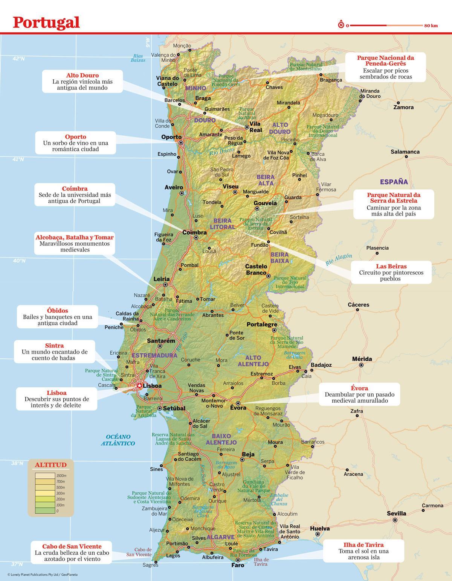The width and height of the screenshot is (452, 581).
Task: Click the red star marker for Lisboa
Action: [x=139, y=385]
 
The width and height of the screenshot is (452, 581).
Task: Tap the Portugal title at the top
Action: [x=46, y=22]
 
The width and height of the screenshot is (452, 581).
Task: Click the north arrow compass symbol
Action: [x=341, y=25]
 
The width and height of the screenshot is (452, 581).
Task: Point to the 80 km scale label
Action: [x=431, y=26]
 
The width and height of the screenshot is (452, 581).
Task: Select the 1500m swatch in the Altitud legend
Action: [x=46, y=476]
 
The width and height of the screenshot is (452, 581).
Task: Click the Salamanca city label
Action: [x=405, y=152]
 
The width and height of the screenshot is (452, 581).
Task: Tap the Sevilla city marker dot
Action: [x=395, y=520]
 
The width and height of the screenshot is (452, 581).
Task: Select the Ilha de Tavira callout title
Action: [x=363, y=545]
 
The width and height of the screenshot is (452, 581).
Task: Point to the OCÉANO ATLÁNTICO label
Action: [x=118, y=440]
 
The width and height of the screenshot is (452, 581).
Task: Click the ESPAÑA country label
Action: [x=394, y=182]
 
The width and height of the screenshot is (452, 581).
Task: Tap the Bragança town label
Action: [x=331, y=80]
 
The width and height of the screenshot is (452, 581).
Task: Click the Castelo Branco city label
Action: [x=256, y=269]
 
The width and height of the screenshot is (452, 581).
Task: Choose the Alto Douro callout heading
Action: [x=82, y=76]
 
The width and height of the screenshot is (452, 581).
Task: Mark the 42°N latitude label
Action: [x=18, y=59]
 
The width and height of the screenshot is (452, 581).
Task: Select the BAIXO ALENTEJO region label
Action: [x=221, y=439]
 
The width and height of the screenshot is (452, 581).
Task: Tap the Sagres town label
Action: [x=151, y=565]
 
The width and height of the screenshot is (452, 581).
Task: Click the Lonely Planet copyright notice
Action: [x=42, y=575]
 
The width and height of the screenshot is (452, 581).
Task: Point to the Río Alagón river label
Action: [x=339, y=260]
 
